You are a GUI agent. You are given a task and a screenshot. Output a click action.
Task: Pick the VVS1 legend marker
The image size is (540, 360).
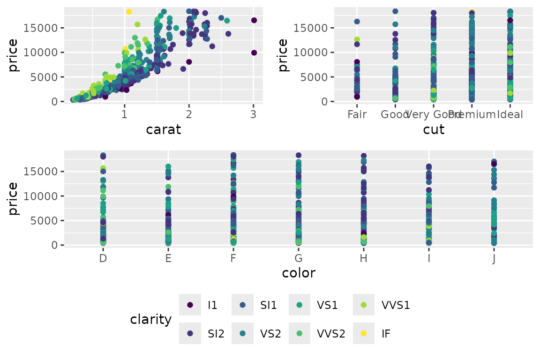click(x=364, y=305)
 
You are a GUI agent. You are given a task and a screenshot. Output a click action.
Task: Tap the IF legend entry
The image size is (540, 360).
click(x=364, y=333)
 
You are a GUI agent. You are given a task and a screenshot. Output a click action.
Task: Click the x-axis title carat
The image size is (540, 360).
click(x=164, y=129)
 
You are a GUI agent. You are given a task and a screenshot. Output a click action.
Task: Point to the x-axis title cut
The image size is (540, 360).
click(x=434, y=129)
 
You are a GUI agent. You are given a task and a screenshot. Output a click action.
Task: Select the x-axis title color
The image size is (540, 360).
click(x=299, y=273)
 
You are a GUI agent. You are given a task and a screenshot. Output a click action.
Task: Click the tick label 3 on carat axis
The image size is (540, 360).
click(x=253, y=114)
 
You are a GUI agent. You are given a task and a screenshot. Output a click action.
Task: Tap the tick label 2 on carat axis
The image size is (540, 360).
click(x=189, y=114)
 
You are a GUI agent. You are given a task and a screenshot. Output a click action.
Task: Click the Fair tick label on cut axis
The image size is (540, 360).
click(x=357, y=114)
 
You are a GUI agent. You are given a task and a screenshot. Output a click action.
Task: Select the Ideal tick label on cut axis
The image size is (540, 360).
click(x=510, y=114)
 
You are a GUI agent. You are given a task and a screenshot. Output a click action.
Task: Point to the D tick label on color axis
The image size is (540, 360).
click(x=103, y=258)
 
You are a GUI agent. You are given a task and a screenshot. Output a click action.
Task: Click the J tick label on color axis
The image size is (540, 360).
click(x=494, y=258)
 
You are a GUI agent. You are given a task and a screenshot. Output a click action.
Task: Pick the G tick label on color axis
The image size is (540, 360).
click(x=298, y=258)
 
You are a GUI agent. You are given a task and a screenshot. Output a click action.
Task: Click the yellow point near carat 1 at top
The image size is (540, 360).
click(x=129, y=12)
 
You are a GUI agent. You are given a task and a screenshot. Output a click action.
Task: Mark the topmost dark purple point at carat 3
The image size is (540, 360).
click(x=254, y=20)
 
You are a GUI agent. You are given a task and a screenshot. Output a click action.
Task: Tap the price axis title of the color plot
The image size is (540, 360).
click(x=13, y=198)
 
